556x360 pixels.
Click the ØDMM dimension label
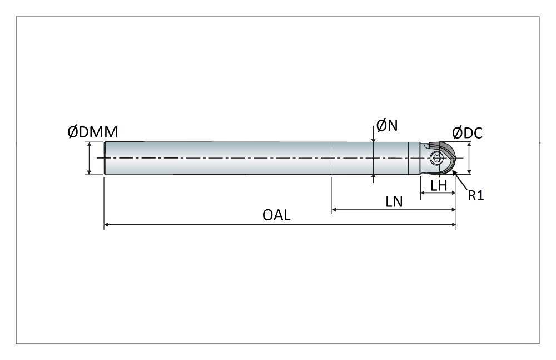pyautogui.click(x=92, y=132)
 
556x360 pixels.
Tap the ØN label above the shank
pyautogui.click(x=387, y=126)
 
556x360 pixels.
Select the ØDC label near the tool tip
pyautogui.click(x=467, y=133)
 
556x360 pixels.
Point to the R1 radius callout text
pyautogui.click(x=475, y=195)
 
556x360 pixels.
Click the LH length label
pyautogui.click(x=439, y=185)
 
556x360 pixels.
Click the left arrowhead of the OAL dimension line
pyautogui.click(x=107, y=225)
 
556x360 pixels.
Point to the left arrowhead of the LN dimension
pyautogui.click(x=335, y=210)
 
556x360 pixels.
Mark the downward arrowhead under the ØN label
pyautogui.click(x=373, y=139)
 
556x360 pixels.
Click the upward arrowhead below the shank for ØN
pyautogui.click(x=373, y=177)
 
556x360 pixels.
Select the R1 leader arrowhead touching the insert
pyautogui.click(x=456, y=173)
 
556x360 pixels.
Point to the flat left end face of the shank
pyautogui.click(x=105, y=158)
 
